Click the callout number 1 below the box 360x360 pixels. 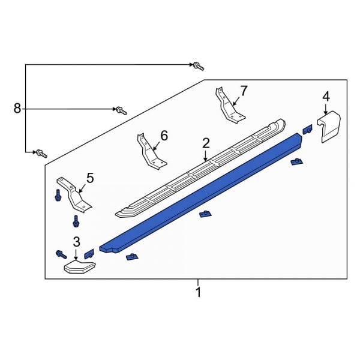coord(198,292)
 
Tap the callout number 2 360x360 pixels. coord(206,143)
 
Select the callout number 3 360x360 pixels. coord(76,242)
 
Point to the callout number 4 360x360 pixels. coord(326,96)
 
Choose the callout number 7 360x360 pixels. coord(244,91)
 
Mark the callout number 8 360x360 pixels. coord(17,108)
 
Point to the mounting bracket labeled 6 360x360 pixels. coord(148,151)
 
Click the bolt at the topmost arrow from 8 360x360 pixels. coord(197,65)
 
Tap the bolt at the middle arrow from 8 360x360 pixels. coord(121,110)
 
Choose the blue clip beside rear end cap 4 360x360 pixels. coord(307,129)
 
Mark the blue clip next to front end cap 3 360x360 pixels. coord(89,254)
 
